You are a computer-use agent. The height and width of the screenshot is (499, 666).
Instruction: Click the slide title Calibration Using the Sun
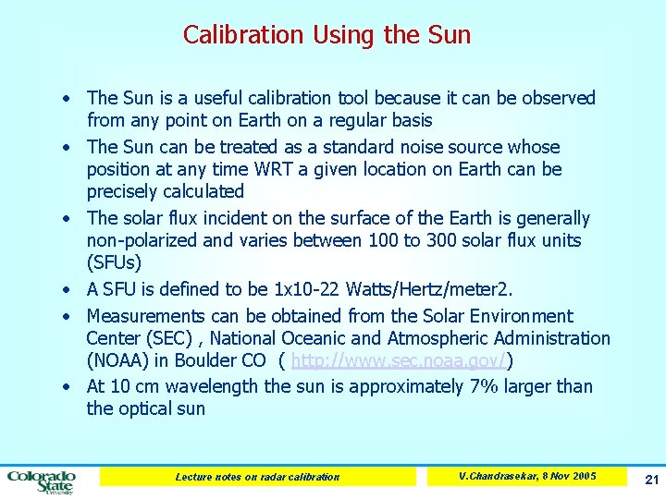(327, 35)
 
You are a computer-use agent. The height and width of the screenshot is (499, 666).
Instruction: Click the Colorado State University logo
(42, 479)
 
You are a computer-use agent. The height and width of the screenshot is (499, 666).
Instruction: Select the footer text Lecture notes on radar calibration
(257, 477)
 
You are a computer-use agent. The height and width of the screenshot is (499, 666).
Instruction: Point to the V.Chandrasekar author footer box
(527, 476)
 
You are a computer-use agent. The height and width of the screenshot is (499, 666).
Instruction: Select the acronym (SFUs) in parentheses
(114, 263)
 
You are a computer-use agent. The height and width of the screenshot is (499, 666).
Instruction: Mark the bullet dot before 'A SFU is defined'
(68, 290)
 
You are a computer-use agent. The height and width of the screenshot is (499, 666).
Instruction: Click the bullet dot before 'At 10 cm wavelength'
(68, 387)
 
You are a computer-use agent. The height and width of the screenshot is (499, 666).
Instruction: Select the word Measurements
(146, 316)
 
